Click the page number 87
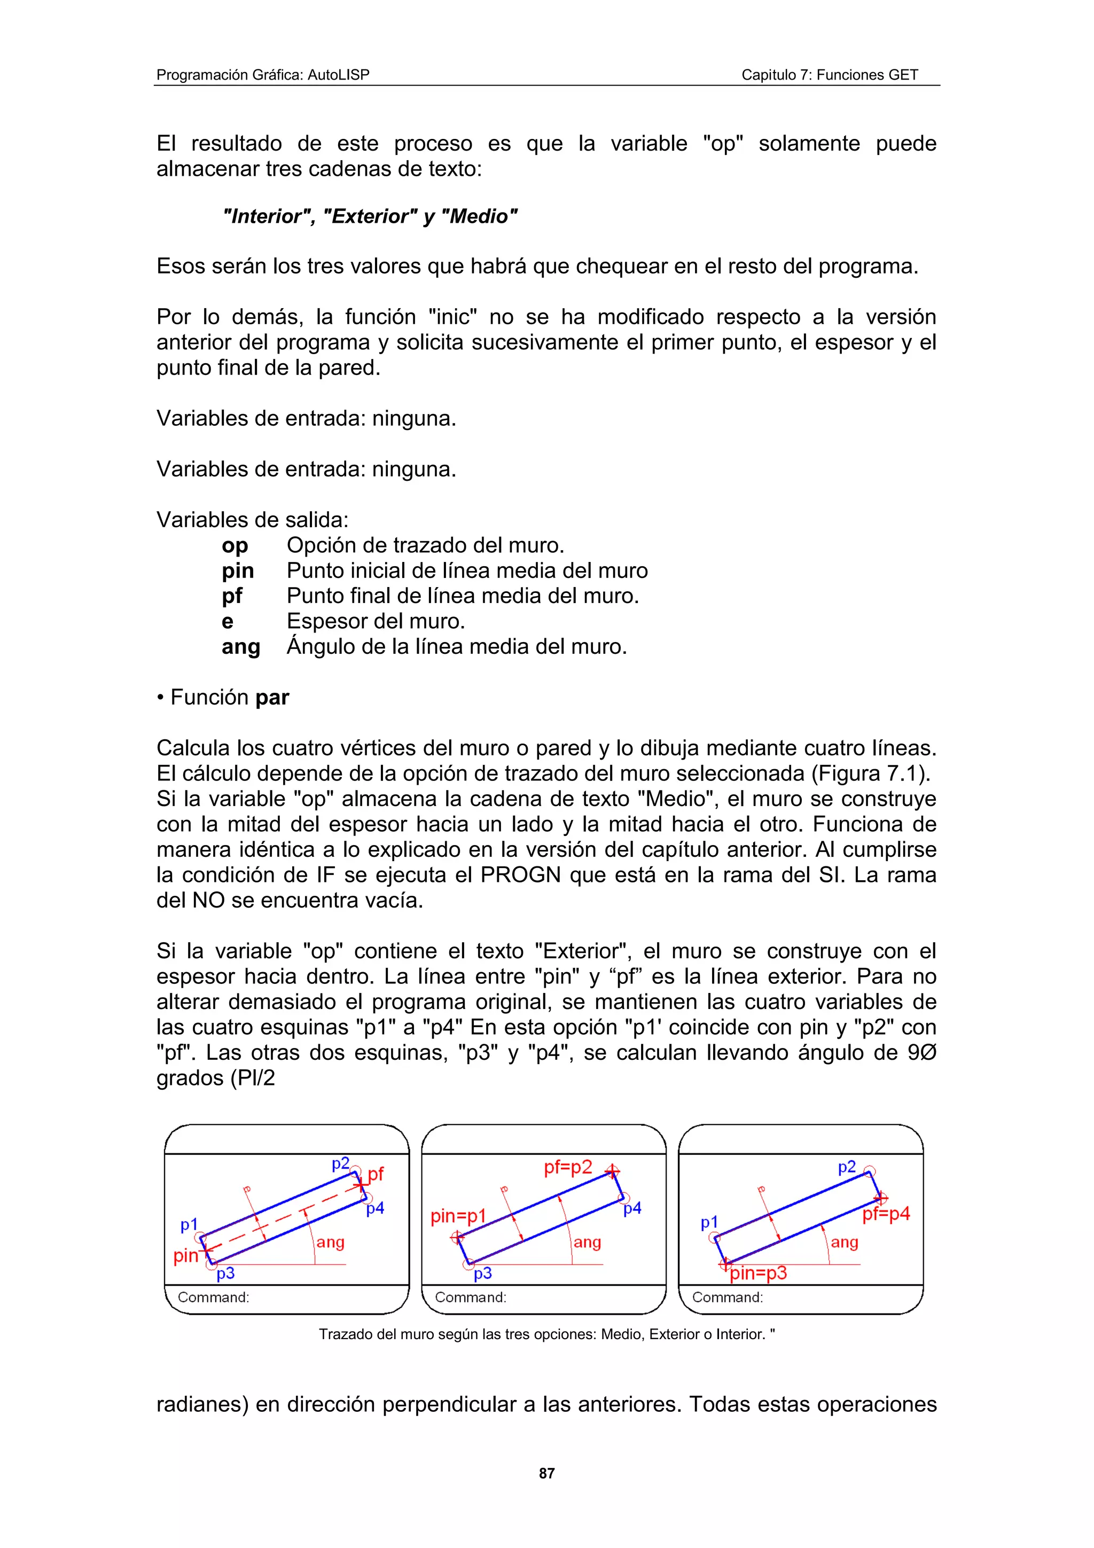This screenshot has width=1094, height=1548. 546,1473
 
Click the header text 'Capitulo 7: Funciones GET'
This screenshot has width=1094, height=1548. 829,75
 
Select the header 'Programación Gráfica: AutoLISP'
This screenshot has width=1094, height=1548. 263,75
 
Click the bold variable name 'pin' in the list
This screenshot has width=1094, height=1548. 237,571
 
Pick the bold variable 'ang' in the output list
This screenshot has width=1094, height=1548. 240,646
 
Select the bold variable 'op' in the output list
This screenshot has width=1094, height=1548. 235,545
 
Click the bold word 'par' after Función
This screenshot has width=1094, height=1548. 272,697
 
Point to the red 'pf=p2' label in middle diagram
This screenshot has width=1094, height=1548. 567,1167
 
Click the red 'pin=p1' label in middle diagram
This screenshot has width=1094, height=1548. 458,1216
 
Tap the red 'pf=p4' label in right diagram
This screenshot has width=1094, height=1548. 886,1214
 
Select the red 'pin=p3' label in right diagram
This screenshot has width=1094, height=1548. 759,1273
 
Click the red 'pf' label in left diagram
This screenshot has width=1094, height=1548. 376,1174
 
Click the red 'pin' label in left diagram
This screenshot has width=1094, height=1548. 185,1256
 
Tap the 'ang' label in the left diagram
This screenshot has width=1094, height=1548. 330,1242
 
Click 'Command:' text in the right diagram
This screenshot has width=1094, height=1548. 728,1297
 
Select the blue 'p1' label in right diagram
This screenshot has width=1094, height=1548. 709,1222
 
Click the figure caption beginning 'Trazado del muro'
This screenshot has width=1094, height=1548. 546,1334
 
